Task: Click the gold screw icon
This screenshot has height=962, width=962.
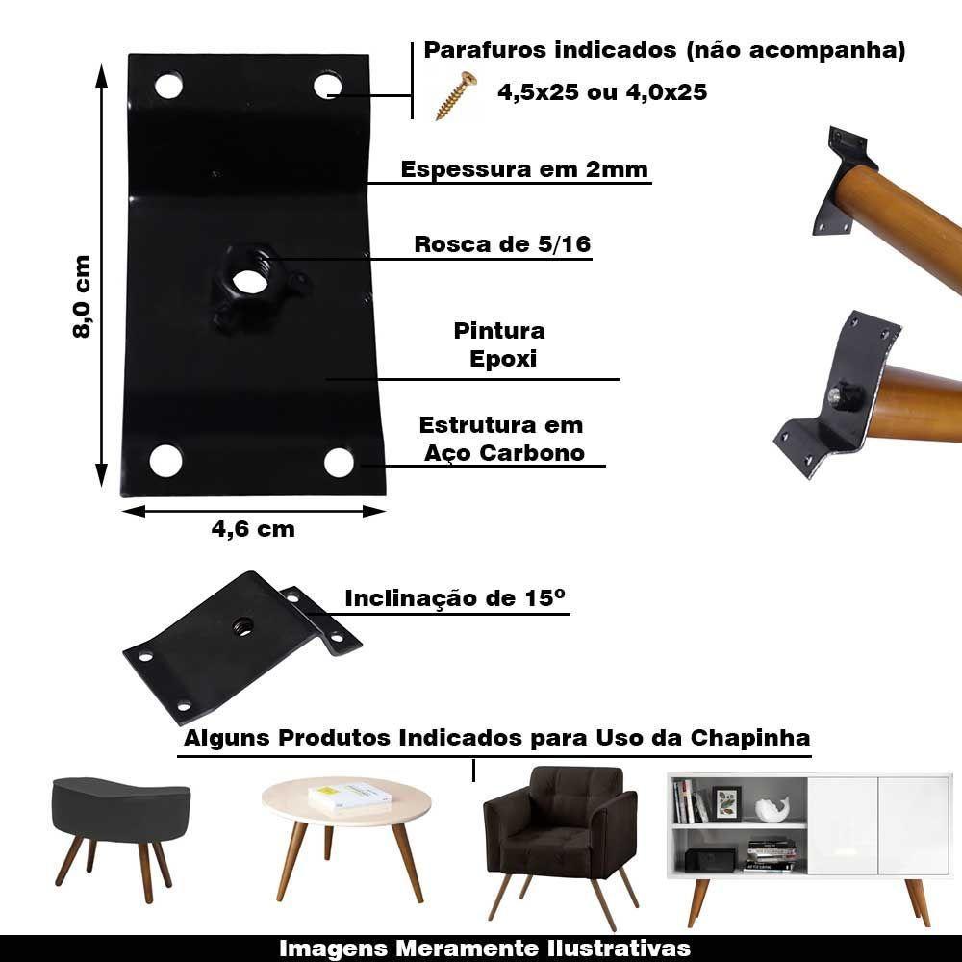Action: tap(456, 96)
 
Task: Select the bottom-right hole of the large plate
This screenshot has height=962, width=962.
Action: tap(339, 462)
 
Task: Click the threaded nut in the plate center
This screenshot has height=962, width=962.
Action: tap(246, 281)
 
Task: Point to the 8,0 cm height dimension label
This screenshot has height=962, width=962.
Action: tap(81, 295)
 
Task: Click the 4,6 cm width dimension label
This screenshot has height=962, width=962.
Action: tap(252, 528)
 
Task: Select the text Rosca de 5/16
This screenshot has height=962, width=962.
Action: tap(502, 244)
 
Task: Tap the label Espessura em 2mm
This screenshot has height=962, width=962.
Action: tap(524, 169)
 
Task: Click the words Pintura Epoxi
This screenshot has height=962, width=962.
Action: tap(499, 344)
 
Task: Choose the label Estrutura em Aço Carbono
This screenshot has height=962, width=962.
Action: tap(502, 439)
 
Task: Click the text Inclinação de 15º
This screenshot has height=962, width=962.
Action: tap(455, 597)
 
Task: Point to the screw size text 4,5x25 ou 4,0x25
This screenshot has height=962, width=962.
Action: tap(602, 92)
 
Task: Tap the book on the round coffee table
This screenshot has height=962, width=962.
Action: tap(350, 796)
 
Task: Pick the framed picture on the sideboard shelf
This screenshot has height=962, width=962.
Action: tap(726, 801)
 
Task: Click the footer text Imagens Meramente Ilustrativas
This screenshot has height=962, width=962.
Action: tap(485, 948)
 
